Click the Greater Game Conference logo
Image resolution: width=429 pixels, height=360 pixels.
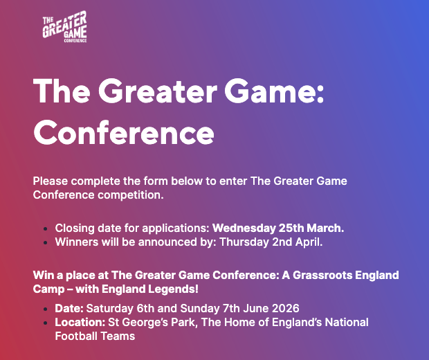click(65, 28)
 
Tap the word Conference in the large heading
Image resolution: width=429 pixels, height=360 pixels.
click(124, 131)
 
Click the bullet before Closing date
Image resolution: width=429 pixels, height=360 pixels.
click(46, 228)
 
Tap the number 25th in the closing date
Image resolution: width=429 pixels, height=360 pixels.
click(293, 227)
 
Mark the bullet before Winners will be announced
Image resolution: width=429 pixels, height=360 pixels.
click(46, 243)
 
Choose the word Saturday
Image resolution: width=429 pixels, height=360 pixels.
click(107, 308)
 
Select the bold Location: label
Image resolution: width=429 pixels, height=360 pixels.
click(80, 323)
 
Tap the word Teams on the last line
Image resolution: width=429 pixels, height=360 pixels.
click(118, 336)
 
